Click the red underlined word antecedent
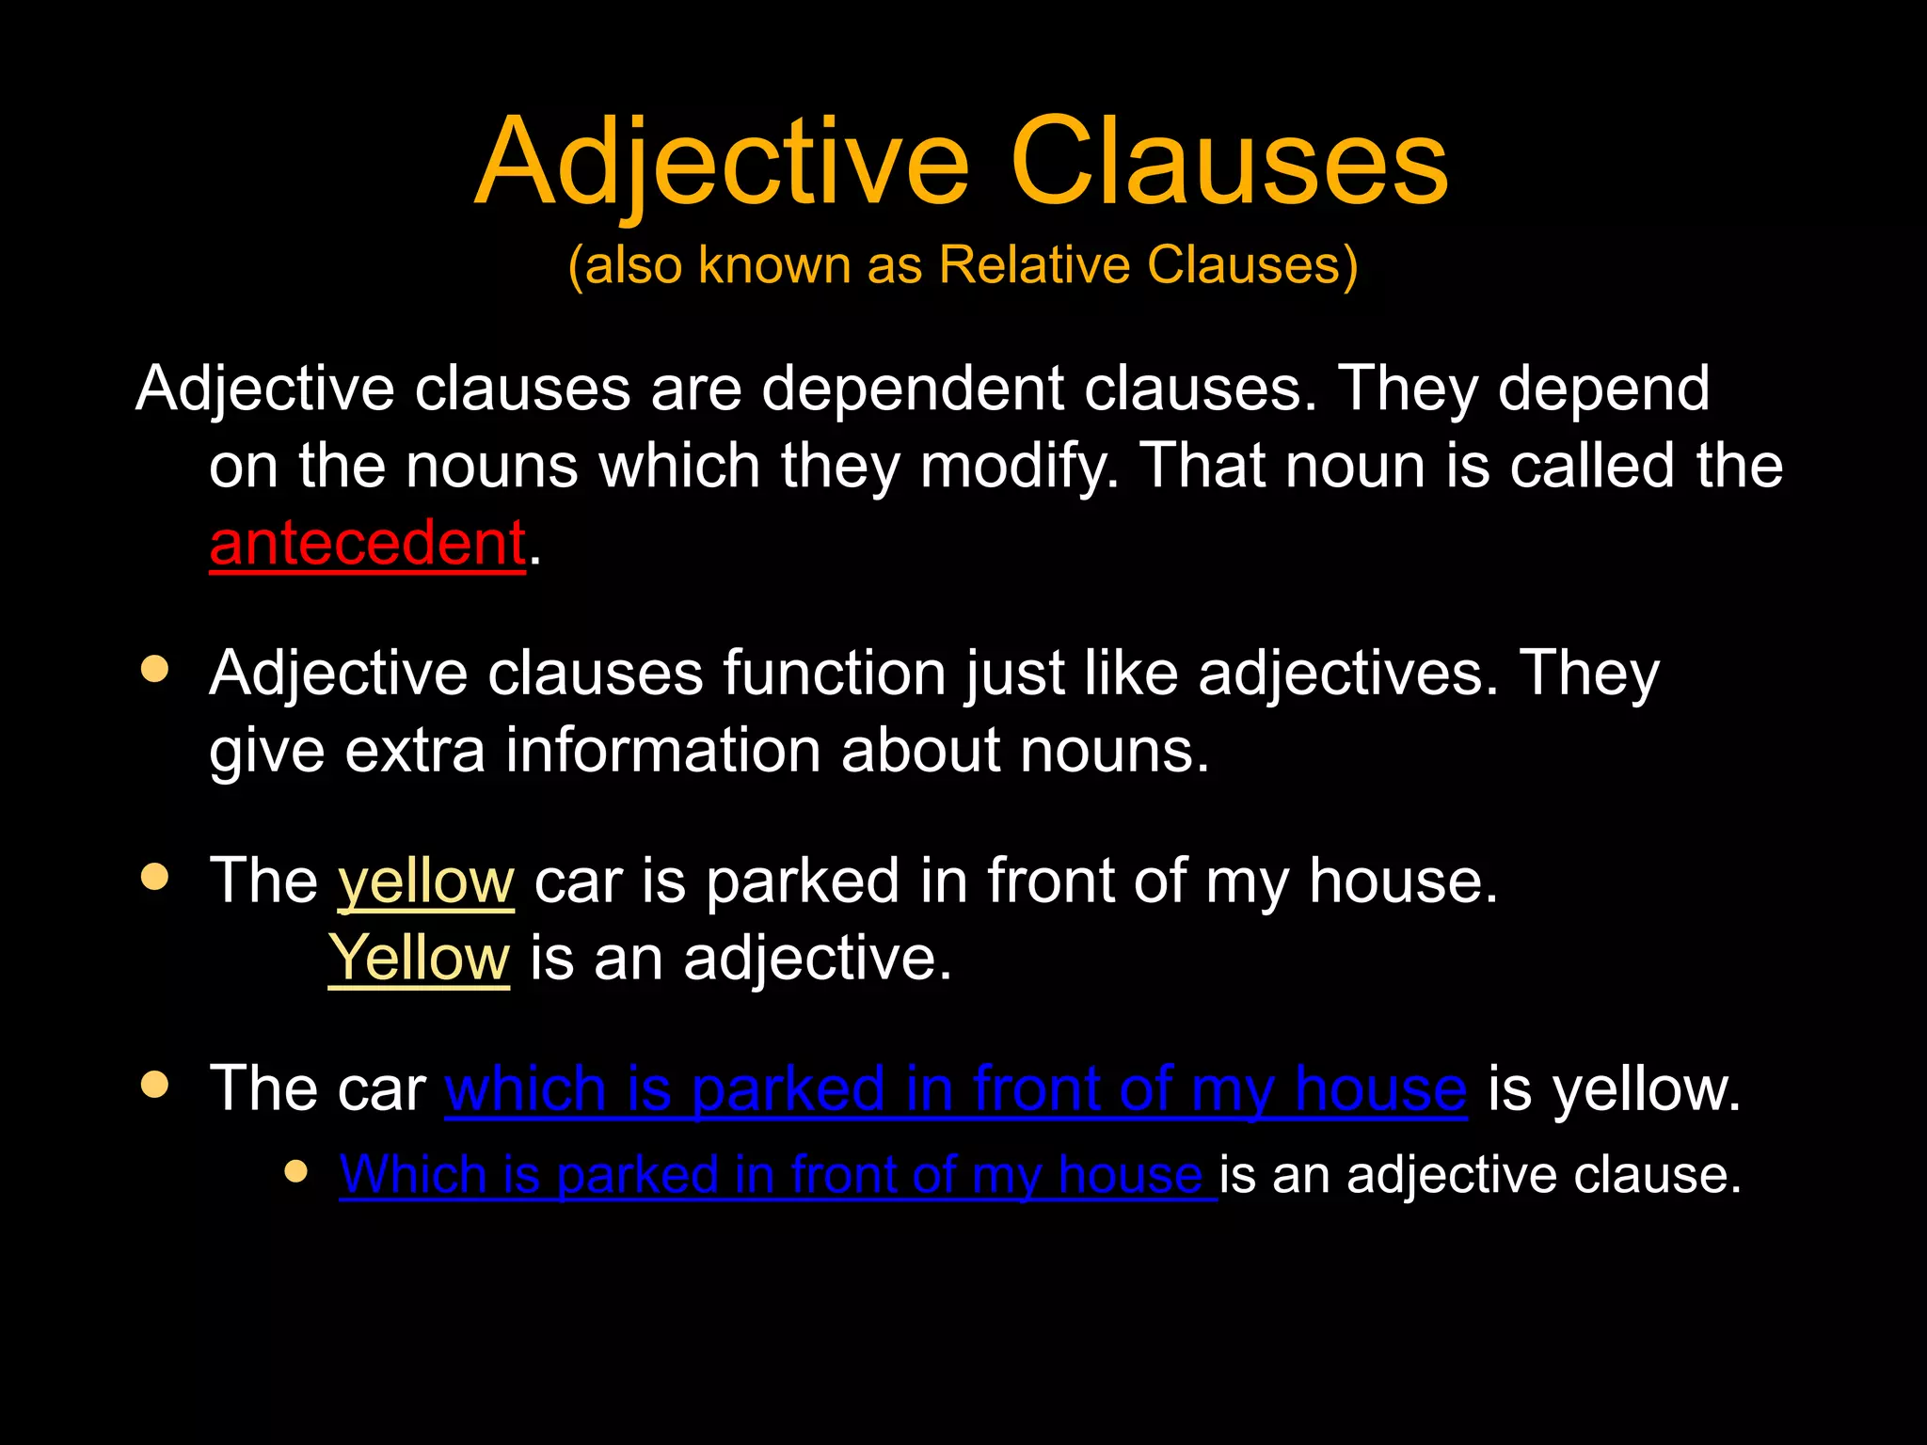tap(367, 544)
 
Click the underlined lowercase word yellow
tap(426, 881)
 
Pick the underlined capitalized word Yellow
tap(419, 959)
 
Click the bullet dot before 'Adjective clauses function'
tap(154, 669)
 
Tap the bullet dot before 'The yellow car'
tap(154, 877)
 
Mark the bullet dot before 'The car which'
tap(154, 1084)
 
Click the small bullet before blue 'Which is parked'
tap(296, 1171)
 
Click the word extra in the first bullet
tap(415, 751)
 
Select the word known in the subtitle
tap(774, 264)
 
